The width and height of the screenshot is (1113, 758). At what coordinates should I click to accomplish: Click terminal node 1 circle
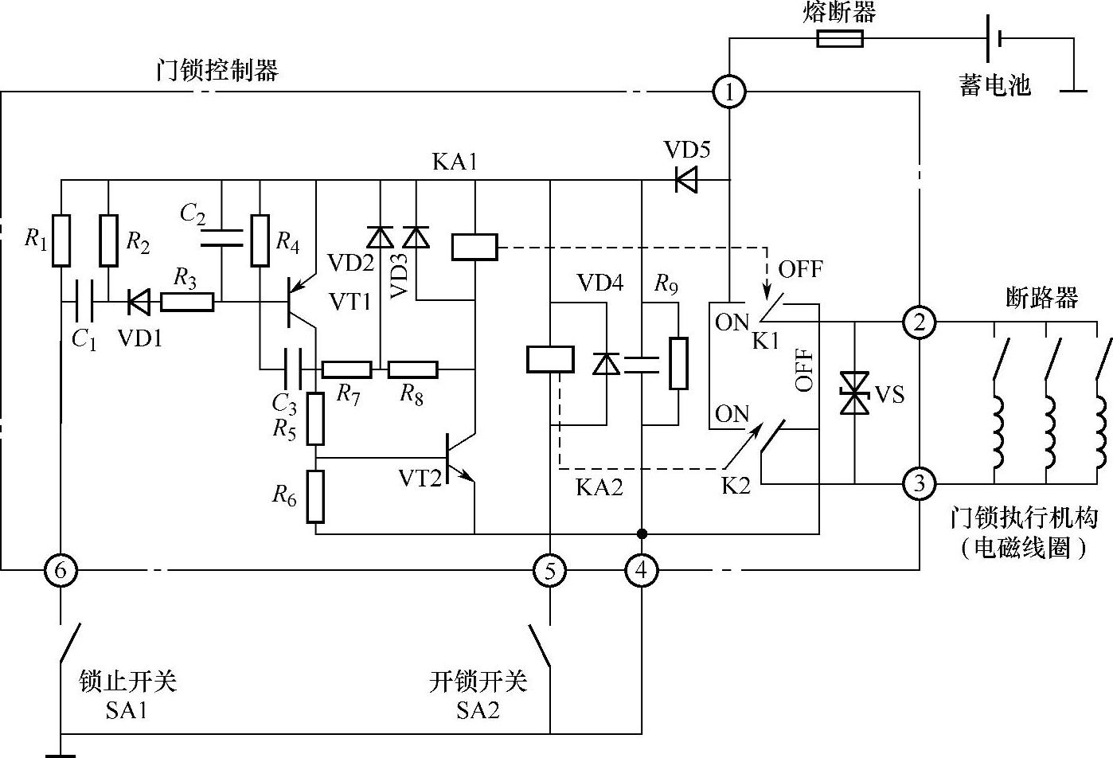point(728,92)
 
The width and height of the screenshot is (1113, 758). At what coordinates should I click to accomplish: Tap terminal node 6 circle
point(61,570)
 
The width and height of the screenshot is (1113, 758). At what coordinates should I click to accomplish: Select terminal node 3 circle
point(920,483)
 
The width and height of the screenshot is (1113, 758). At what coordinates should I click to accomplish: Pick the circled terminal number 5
point(550,570)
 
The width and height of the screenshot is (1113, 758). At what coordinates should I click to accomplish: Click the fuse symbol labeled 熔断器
point(840,38)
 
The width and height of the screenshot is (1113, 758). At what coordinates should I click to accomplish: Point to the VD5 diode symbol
point(685,179)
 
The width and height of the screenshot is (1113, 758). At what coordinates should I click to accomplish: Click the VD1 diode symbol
point(139,302)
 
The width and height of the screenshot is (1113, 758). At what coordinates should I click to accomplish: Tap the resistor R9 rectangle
point(678,363)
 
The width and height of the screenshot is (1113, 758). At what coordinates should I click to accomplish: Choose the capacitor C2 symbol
point(221,236)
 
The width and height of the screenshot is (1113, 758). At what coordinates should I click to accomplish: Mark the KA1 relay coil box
point(474,247)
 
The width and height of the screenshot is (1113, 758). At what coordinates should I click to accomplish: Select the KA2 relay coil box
point(550,359)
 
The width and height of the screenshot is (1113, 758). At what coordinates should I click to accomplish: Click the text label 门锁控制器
point(217,71)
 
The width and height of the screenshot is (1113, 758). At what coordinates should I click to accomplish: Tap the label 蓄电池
point(994,85)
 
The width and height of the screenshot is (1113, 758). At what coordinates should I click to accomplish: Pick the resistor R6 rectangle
point(316,497)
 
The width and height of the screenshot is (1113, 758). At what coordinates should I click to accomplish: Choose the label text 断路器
point(1042,298)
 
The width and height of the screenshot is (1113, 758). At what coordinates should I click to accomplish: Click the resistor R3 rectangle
point(187,302)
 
